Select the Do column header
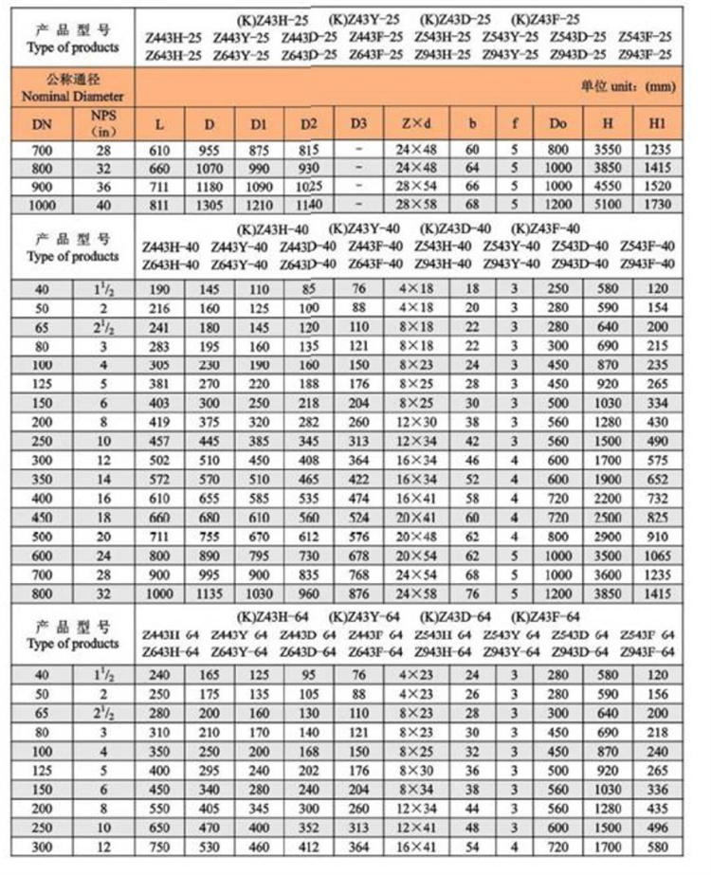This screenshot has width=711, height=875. (556, 124)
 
